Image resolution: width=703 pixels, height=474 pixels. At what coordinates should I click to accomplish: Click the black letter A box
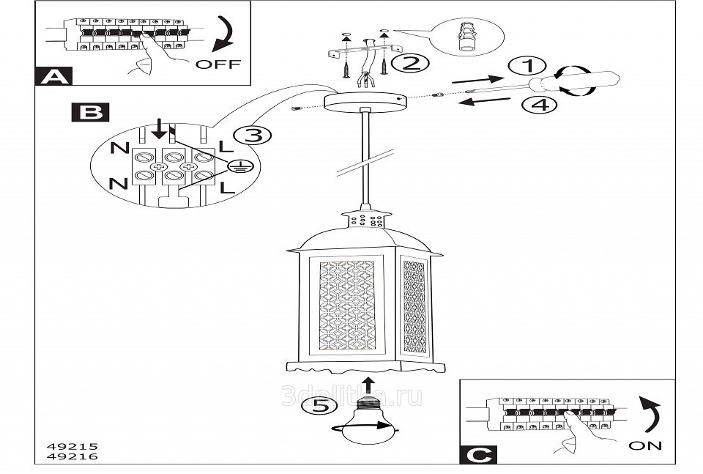click(x=51, y=75)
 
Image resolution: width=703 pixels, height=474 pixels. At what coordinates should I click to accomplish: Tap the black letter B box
click(x=90, y=112)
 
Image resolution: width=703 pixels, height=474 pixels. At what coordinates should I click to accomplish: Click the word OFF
click(x=217, y=64)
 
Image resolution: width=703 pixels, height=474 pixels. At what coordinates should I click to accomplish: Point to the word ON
click(x=645, y=445)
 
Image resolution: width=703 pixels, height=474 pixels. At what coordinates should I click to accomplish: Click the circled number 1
click(x=523, y=65)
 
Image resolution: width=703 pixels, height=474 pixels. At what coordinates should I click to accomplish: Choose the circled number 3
click(x=252, y=135)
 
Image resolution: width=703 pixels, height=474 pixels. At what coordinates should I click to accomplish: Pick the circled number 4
click(x=539, y=105)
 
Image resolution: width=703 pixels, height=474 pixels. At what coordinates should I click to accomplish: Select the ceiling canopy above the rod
click(x=363, y=102)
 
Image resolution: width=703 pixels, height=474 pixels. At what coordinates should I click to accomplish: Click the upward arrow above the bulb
click(x=370, y=385)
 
